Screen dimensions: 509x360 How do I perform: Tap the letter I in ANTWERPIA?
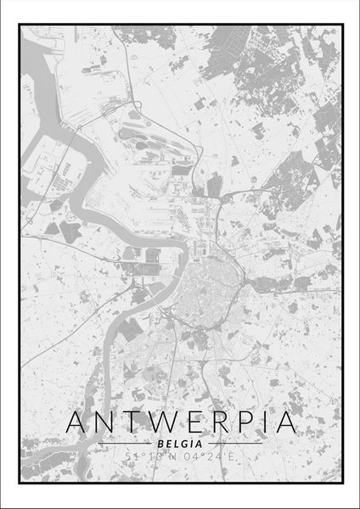(x=261, y=422)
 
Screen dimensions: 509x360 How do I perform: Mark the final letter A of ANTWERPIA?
(x=281, y=422)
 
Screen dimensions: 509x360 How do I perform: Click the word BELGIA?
(x=179, y=444)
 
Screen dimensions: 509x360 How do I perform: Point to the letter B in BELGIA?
(x=160, y=444)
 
